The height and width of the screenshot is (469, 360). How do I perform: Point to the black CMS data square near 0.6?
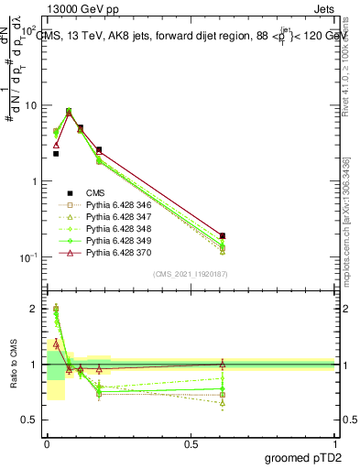[223, 236]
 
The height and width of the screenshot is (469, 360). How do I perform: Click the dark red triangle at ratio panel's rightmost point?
[223, 364]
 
